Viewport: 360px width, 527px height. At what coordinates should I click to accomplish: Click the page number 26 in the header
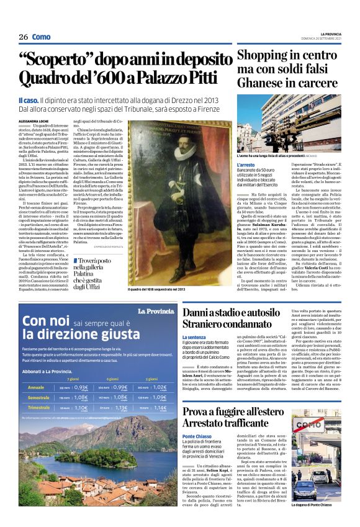pos(24,37)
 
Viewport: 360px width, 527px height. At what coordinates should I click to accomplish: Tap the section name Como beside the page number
pos(41,37)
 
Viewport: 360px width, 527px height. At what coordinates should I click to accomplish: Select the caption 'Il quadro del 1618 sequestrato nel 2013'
pos(157,289)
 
